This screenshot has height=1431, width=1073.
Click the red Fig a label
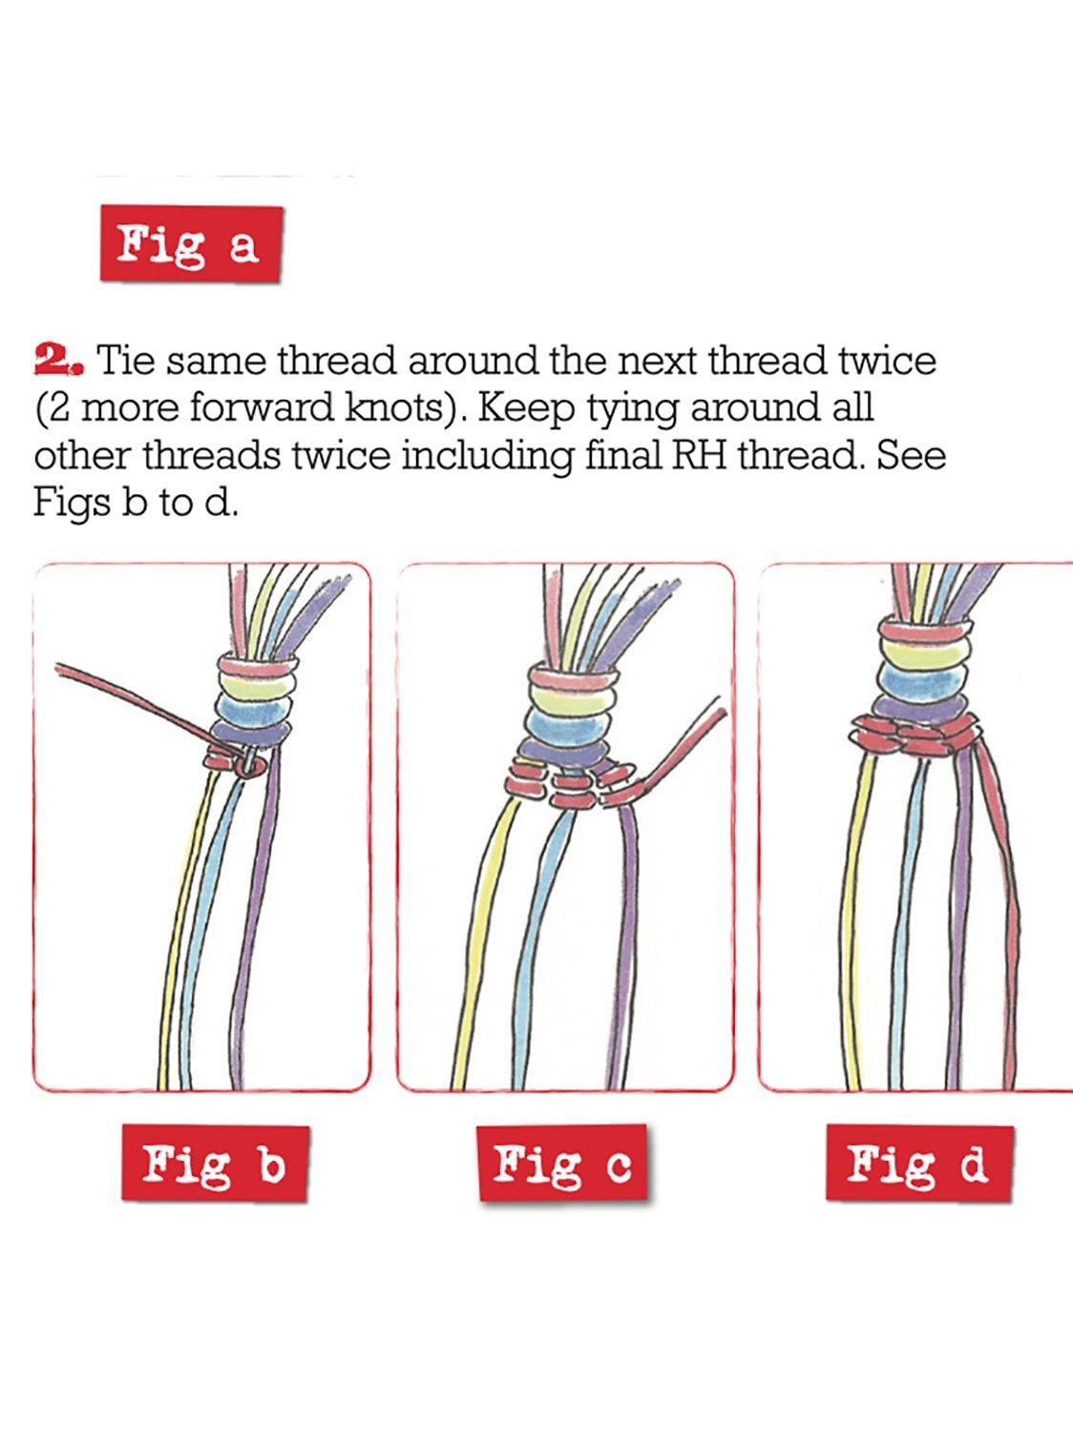pos(191,244)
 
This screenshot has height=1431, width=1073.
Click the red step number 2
pos(58,360)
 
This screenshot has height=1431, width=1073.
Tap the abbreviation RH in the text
pos(697,456)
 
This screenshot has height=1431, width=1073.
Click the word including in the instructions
pos(486,457)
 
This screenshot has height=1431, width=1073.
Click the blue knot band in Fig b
pos(253,710)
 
